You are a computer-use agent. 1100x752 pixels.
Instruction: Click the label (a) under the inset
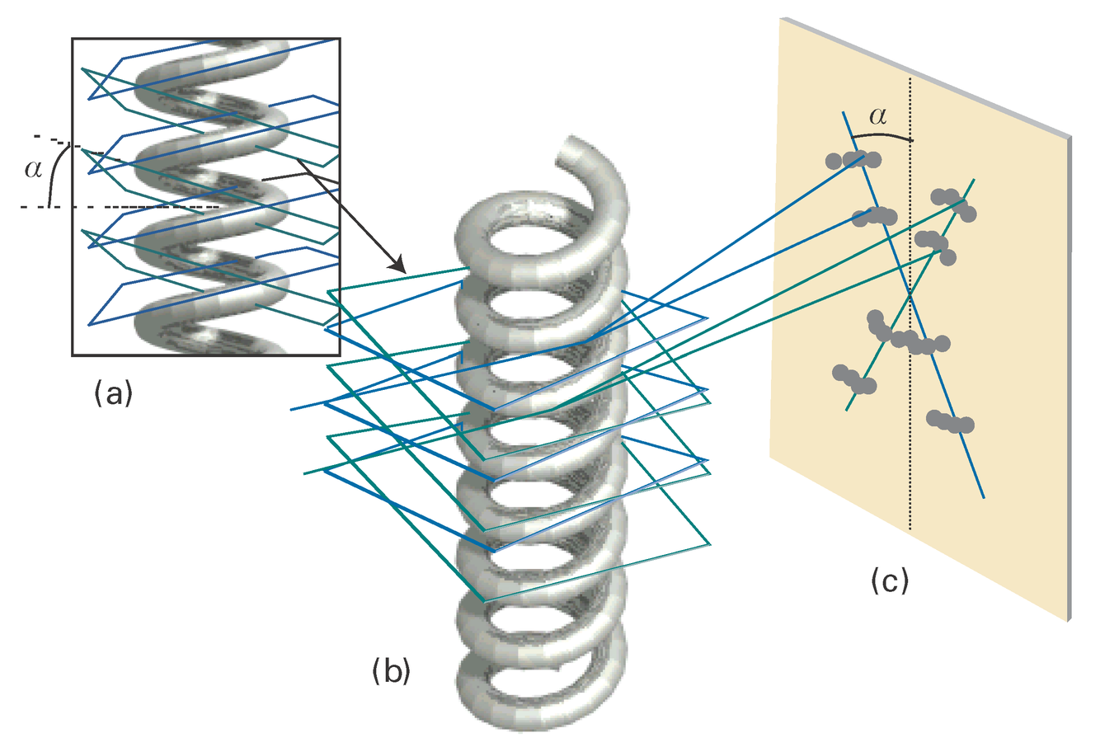point(113,395)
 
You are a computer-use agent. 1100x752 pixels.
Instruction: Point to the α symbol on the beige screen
point(878,117)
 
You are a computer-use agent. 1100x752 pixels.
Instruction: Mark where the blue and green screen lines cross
point(910,294)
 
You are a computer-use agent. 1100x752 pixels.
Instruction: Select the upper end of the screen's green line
point(976,178)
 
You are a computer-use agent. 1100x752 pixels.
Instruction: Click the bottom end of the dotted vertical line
point(910,529)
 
